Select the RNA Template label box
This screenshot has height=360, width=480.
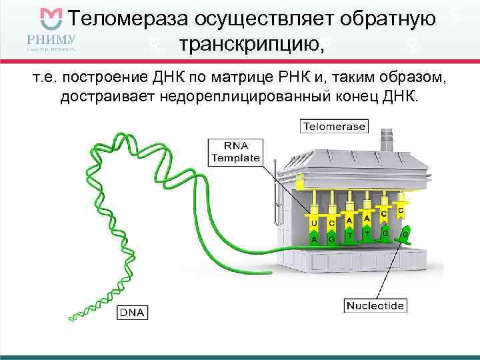point(235,152)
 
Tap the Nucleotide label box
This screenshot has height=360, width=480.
point(375,306)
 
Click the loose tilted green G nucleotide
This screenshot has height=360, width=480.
point(404,233)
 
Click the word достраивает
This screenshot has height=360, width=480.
point(104,97)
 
